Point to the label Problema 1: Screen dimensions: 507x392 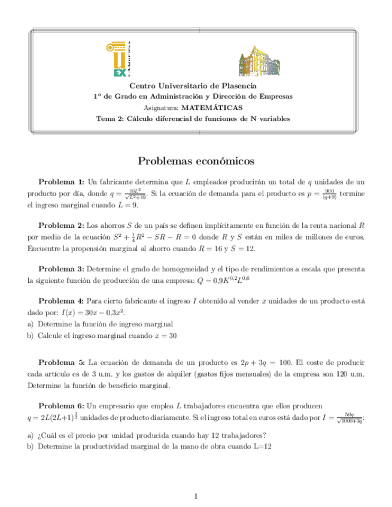point(62,181)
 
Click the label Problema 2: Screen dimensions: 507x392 point(61,225)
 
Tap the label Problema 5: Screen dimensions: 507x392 point(62,362)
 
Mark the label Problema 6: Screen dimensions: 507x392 point(61,406)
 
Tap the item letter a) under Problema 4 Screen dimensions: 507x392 point(31,323)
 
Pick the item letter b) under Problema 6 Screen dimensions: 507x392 point(31,445)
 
